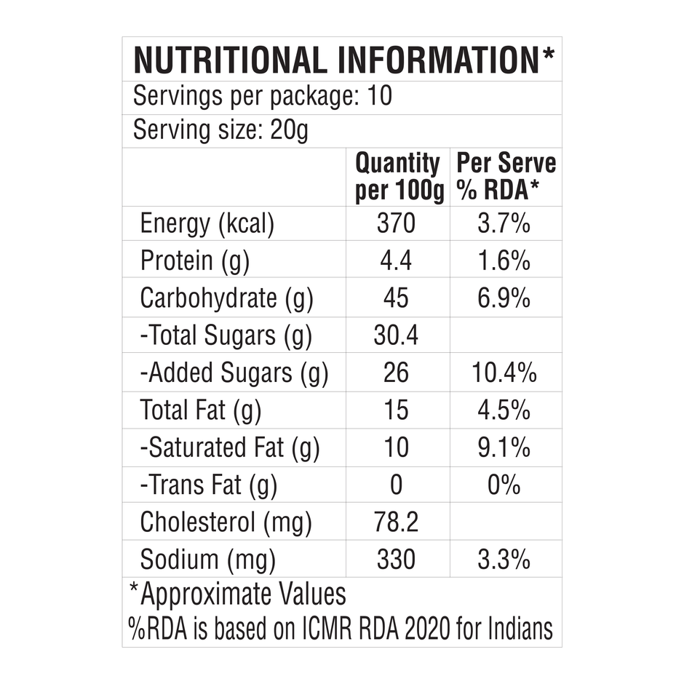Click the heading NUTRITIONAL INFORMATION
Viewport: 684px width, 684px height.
pos(338,60)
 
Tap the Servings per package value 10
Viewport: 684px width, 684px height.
pos(381,97)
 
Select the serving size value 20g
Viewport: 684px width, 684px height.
pos(291,131)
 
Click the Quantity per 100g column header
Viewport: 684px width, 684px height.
pos(397,178)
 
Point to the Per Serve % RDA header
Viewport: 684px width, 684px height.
pos(505,178)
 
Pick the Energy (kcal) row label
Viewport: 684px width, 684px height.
pos(207,223)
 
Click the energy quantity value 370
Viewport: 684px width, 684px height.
pos(397,223)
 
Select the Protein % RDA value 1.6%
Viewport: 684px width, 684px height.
pos(504,261)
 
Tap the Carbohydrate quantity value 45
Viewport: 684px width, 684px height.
pos(397,298)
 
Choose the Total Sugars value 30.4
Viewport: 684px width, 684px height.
pos(397,335)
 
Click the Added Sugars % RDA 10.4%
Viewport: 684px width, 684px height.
pos(504,373)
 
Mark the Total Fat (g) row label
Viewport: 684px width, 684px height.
pos(200,411)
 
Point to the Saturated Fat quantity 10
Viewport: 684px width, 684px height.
pos(397,448)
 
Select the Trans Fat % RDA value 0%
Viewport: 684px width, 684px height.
pos(504,485)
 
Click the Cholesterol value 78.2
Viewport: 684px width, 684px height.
pos(397,522)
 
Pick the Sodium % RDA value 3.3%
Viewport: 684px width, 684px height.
pos(504,560)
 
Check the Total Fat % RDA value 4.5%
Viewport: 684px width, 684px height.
pos(504,411)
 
